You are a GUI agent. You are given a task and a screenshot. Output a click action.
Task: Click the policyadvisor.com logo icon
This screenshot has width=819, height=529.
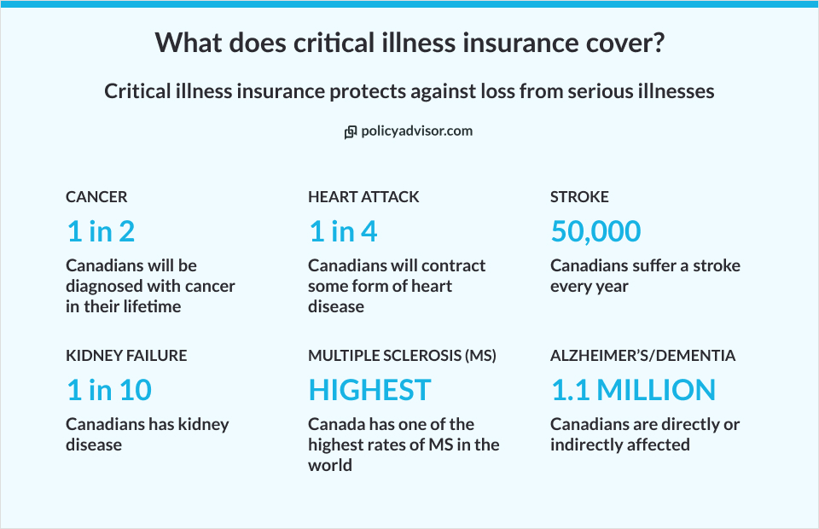coord(350,132)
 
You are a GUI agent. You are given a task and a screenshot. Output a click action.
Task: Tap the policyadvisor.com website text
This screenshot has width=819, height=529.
coord(416,131)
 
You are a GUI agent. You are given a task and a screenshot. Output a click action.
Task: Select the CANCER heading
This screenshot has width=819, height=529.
coord(96,197)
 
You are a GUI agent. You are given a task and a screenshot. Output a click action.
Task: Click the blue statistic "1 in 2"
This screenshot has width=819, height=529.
coord(101,231)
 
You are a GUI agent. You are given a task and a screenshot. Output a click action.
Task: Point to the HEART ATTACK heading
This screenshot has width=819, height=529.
coord(363,197)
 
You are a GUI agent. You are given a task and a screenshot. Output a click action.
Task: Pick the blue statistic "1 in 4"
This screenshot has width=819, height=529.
coord(343,231)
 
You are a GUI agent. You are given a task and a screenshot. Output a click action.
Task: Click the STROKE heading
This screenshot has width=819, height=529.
coord(579,197)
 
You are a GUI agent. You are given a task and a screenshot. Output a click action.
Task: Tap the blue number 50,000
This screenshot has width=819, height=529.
coord(595,231)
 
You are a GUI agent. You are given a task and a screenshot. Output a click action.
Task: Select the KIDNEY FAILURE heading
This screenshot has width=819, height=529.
coord(126,356)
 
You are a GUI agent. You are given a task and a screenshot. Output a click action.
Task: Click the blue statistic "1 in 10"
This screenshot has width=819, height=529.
coord(109,390)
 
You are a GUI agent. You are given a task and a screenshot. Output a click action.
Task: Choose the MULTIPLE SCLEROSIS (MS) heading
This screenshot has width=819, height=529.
coord(402,356)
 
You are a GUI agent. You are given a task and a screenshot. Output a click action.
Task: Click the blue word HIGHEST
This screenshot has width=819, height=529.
coord(369,390)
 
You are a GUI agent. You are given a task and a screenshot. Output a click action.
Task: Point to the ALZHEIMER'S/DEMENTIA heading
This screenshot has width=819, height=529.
coord(642,356)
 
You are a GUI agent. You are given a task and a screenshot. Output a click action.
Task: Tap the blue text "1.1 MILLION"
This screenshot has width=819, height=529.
coord(633,390)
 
